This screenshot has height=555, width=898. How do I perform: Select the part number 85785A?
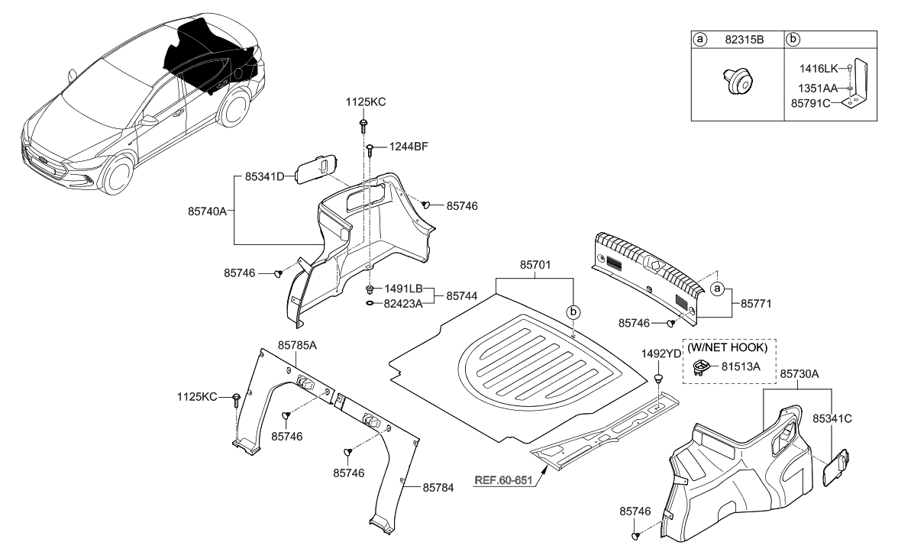(x=298, y=345)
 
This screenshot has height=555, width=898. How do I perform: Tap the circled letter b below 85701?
(x=573, y=312)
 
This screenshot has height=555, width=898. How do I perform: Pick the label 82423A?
(x=403, y=303)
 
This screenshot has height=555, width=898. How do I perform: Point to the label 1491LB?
(x=403, y=289)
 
